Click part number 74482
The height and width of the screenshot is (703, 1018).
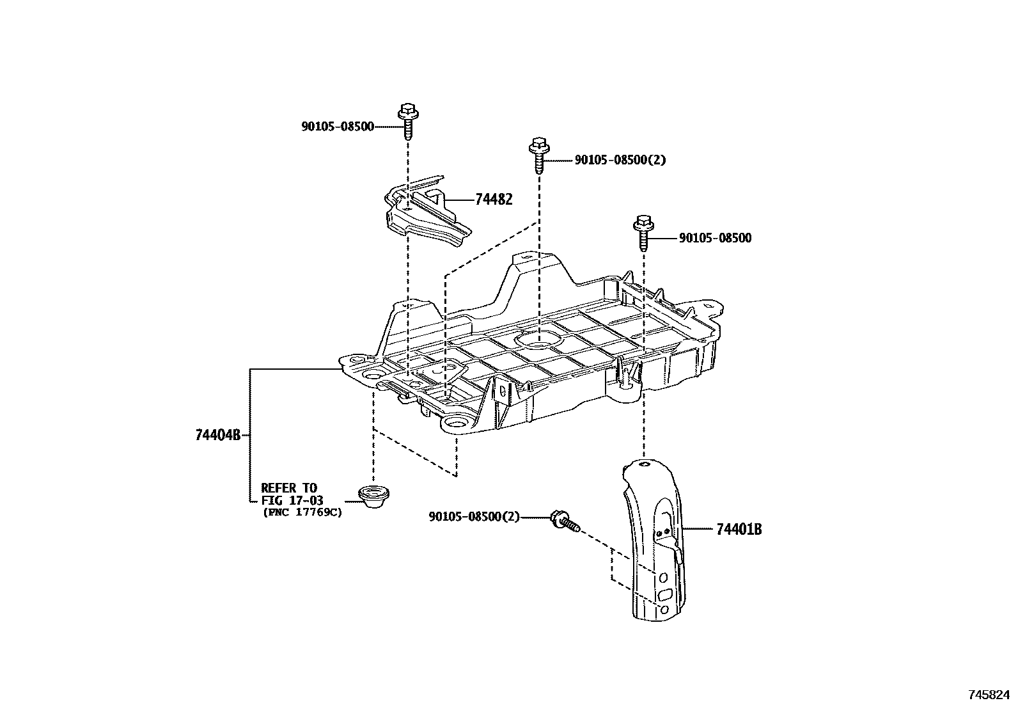pyautogui.click(x=493, y=200)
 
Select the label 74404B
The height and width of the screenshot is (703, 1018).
pyautogui.click(x=217, y=436)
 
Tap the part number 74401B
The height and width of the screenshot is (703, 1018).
pyautogui.click(x=739, y=530)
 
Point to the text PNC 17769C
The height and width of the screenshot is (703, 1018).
pyautogui.click(x=302, y=512)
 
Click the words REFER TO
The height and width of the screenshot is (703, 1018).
pyautogui.click(x=288, y=489)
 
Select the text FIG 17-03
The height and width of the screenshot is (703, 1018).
pyautogui.click(x=292, y=500)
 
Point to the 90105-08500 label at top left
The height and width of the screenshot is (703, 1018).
pyautogui.click(x=338, y=127)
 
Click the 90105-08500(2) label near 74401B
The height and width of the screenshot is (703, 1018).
pyautogui.click(x=474, y=517)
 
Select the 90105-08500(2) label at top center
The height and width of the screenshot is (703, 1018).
pyautogui.click(x=620, y=160)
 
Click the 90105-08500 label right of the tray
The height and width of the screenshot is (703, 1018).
pyautogui.click(x=715, y=239)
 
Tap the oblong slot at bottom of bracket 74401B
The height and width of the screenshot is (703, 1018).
pyautogui.click(x=665, y=594)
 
